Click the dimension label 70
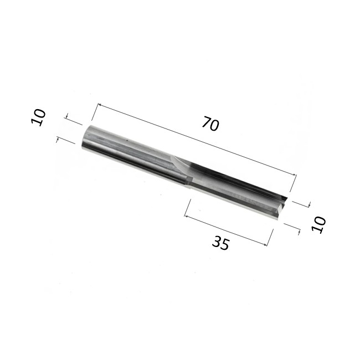click(x=210, y=124)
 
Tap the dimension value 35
click(x=220, y=243)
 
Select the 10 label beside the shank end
click(x=38, y=117)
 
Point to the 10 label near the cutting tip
click(x=318, y=225)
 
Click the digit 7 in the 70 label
click(x=207, y=122)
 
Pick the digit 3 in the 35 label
click(x=217, y=241)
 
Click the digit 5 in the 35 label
click(x=225, y=245)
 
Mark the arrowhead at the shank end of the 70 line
click(x=100, y=105)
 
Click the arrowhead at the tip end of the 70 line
click(x=294, y=175)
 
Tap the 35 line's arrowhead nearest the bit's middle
click(x=186, y=216)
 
